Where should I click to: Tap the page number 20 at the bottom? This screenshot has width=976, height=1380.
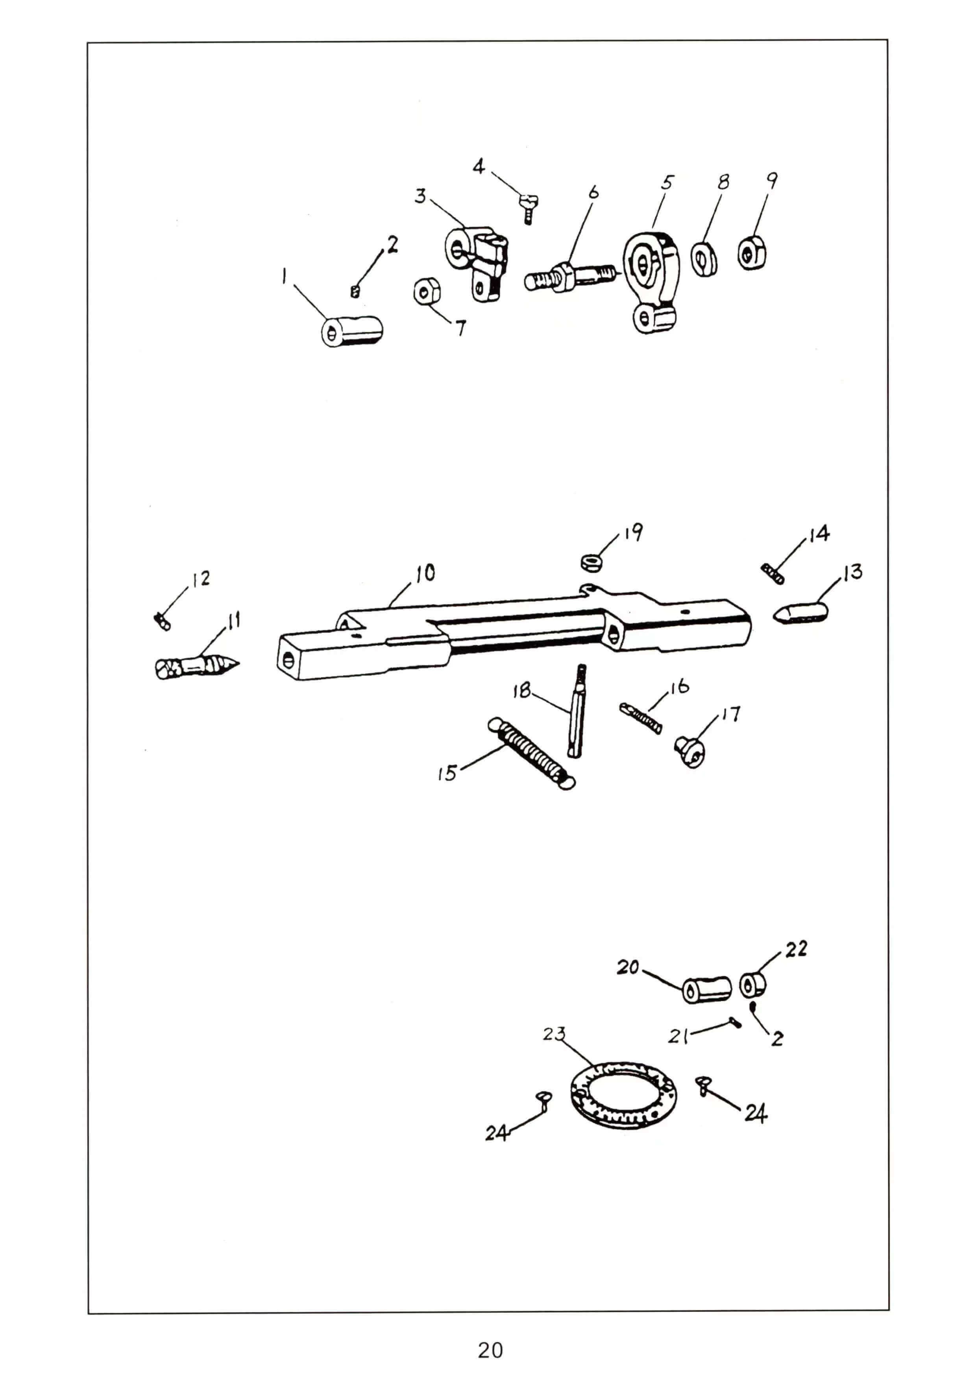(x=490, y=1350)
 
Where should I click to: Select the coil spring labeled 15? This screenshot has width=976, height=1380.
(x=531, y=753)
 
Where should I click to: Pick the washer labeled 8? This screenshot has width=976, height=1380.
(x=704, y=259)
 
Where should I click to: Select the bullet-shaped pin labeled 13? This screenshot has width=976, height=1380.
(x=800, y=614)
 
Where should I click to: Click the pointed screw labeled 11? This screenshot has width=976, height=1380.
(x=197, y=666)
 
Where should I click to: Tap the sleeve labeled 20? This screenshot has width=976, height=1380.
(x=706, y=989)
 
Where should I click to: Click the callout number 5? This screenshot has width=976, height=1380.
(x=667, y=183)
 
